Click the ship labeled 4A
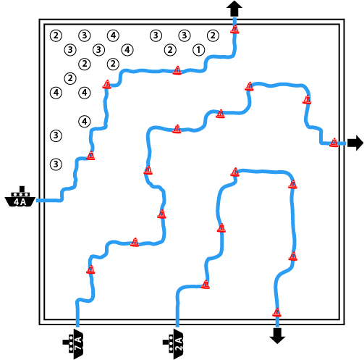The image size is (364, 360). point(20,197)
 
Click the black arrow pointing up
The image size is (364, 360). point(234,9)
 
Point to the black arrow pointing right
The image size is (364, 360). point(355,143)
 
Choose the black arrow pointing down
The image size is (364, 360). point(277,335)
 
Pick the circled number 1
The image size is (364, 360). point(199,50)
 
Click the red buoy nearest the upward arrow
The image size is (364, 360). point(234,29)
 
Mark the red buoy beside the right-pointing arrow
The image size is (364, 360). point(334,143)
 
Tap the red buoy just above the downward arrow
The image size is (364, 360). point(277,312)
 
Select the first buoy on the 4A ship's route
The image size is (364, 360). point(90,156)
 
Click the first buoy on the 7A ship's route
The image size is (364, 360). point(90,269)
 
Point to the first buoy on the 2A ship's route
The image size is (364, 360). point(206,285)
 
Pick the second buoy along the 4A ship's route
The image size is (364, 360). point(106,84)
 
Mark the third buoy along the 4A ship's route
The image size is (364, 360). point(177,70)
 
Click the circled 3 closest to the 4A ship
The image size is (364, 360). point(56,164)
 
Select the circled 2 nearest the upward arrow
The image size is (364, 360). point(213,35)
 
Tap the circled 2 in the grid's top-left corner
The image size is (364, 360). point(56,35)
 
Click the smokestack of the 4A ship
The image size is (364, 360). point(22,189)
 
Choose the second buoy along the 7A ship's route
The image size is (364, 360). point(135,242)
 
